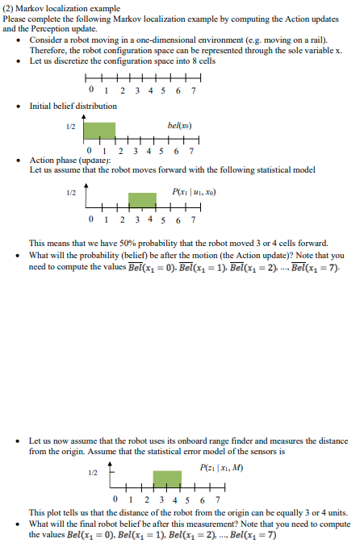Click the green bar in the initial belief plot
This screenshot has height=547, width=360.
tap(100, 130)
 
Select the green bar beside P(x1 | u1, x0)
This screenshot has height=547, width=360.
tap(142, 202)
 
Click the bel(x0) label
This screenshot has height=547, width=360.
tap(178, 127)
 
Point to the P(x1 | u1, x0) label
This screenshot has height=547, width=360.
tap(194, 191)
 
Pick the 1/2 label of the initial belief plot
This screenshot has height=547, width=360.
tap(71, 126)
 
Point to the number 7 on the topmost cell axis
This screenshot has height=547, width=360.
tap(194, 90)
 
